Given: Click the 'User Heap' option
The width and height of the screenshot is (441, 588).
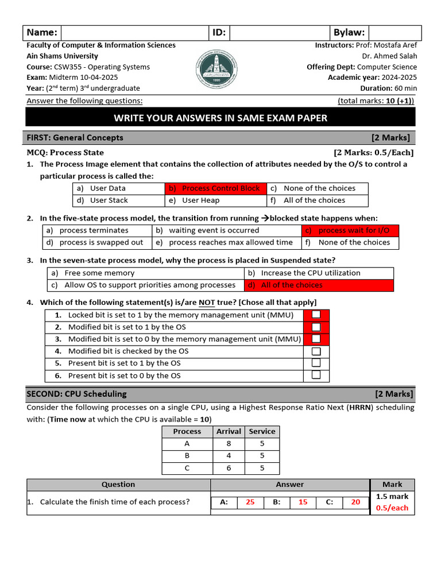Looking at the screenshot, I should pos(200,200).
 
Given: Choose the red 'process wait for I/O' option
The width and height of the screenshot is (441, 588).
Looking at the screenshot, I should pos(350,230).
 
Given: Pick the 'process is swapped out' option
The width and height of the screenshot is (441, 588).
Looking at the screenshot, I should pos(98,242).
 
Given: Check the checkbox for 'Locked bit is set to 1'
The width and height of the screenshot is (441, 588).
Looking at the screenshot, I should pos(316,315).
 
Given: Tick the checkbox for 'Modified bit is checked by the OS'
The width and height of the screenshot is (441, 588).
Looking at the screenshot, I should pos(316,351).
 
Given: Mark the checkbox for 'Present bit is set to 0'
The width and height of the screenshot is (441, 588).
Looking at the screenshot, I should pos(316,375).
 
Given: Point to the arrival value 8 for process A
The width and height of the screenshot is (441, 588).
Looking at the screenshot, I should pos(229,444).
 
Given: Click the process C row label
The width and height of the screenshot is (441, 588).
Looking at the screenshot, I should pos(187,468).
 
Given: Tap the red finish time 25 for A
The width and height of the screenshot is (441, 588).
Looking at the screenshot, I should pos(250,502).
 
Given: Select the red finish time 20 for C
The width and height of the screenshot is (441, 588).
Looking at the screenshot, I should pos(355,502).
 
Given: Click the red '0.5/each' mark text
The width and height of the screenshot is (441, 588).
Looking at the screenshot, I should pos(392,508).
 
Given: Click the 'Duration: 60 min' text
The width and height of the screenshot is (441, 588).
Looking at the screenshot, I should pos(389,88).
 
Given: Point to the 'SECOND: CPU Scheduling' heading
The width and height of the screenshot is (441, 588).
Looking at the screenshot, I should pos(76,394).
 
